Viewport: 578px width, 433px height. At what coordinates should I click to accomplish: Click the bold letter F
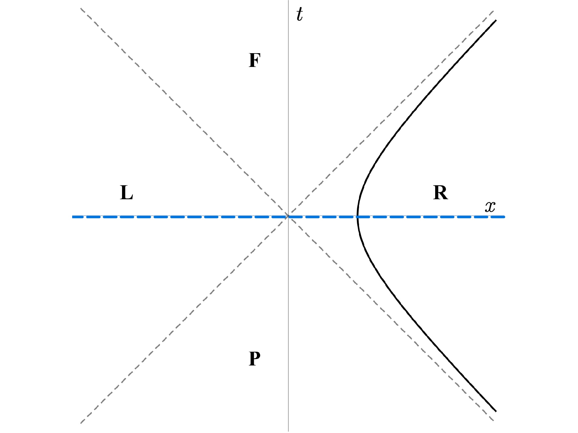pos(254,60)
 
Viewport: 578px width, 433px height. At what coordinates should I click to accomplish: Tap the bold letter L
pos(126,193)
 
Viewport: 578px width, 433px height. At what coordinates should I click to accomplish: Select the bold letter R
pos(440,193)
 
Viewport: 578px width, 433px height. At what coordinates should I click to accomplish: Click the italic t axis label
pos(299,14)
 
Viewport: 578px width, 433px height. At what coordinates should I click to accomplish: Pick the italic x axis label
pos(490,207)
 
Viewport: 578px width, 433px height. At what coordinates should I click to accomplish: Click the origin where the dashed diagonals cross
pos(288,216)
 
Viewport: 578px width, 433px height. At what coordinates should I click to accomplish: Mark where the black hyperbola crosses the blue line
pos(358,217)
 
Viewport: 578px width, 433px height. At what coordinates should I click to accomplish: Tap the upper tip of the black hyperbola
pos(496,20)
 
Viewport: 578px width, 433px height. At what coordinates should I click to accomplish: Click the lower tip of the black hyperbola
pos(496,411)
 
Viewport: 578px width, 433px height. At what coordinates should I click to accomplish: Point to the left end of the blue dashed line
pos(73,217)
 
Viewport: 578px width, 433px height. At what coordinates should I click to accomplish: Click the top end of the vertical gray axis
pos(288,1)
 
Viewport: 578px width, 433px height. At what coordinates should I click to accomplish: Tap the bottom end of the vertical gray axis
pos(288,431)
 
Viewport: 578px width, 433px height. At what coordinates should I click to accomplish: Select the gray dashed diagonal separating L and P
pos(184,320)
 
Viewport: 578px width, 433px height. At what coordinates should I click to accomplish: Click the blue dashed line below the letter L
pos(126,217)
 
